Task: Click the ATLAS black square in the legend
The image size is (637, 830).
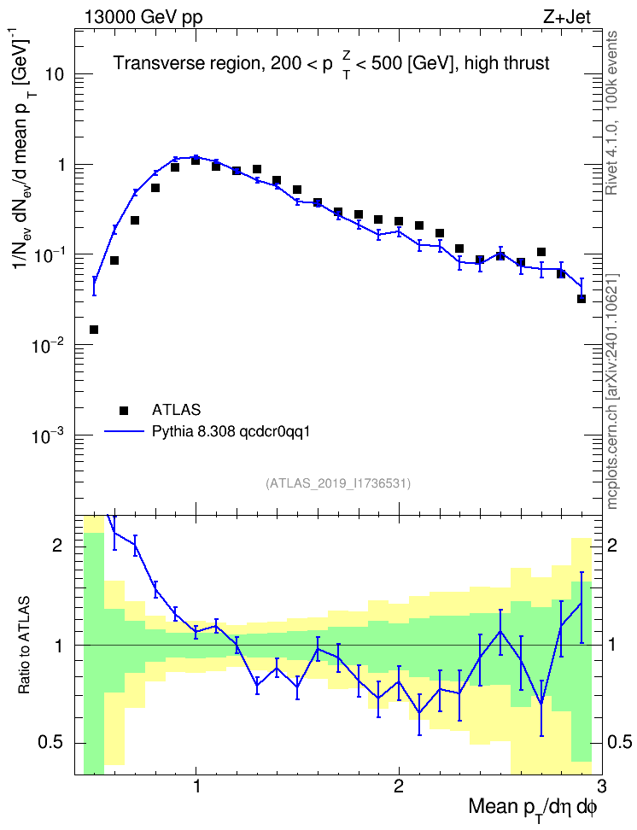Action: (x=124, y=410)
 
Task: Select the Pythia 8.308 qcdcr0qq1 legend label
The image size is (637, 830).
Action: (x=231, y=431)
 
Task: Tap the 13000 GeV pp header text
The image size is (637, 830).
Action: (x=143, y=17)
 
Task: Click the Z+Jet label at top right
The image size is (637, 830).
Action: (x=567, y=17)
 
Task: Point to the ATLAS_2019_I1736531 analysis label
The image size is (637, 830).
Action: (x=338, y=483)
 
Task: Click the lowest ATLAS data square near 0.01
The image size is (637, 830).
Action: (x=94, y=330)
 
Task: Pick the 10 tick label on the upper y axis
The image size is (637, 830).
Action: (x=54, y=74)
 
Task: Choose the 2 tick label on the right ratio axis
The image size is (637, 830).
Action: (x=613, y=546)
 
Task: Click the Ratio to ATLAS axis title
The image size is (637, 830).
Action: (x=23, y=646)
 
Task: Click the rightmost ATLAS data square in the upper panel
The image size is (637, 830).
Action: (x=581, y=299)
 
